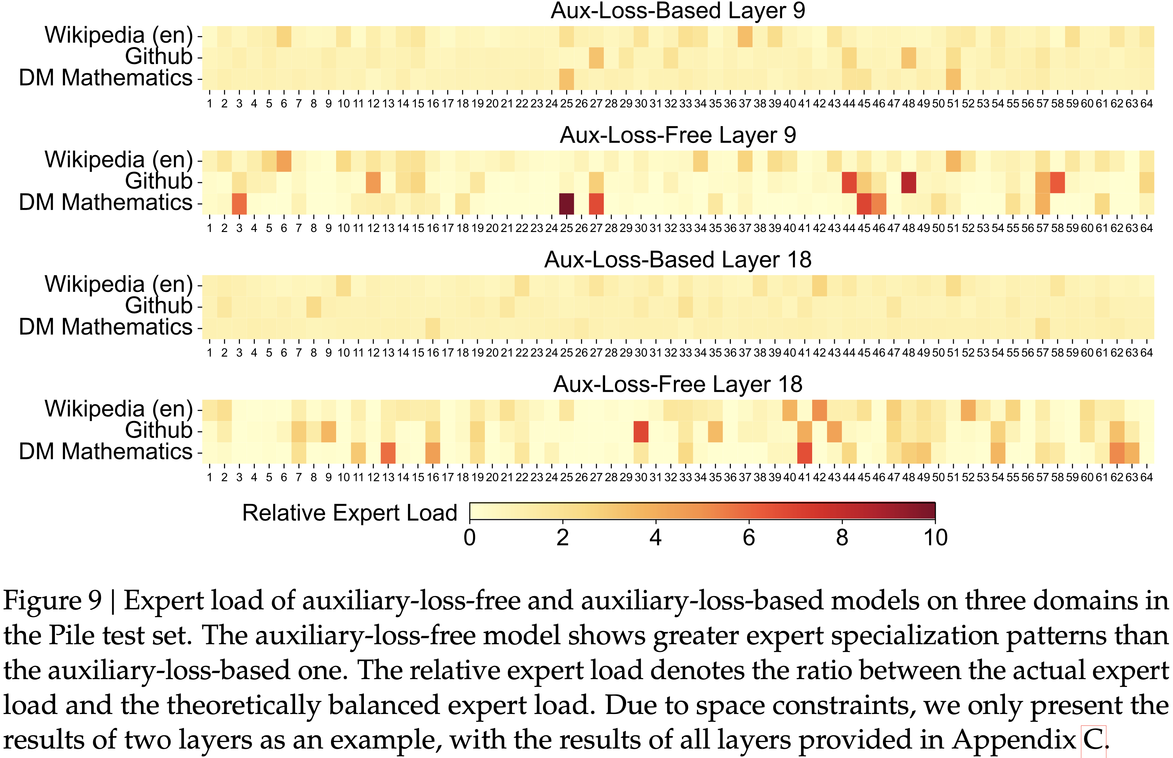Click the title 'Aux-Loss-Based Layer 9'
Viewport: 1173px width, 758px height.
(x=678, y=11)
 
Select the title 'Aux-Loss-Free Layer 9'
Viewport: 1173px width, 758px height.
(x=678, y=135)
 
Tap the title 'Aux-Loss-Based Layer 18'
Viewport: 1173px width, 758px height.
(x=678, y=260)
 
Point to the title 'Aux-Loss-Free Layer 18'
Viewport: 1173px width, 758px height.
(x=678, y=384)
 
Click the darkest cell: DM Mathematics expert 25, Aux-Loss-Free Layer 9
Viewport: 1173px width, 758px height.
(x=567, y=203)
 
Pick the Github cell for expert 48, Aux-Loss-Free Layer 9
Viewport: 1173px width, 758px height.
(x=909, y=182)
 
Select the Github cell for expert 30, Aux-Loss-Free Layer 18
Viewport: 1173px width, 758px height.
(x=641, y=431)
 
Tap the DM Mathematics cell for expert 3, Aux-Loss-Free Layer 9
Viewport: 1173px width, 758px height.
(x=239, y=203)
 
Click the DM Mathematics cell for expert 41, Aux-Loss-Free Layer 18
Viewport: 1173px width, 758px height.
(x=804, y=453)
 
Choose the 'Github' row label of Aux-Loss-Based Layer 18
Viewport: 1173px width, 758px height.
(x=159, y=306)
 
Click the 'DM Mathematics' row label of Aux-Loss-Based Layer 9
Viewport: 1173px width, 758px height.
(x=105, y=78)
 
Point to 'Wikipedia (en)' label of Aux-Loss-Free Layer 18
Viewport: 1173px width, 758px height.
(x=118, y=409)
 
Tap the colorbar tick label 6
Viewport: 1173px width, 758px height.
(x=749, y=538)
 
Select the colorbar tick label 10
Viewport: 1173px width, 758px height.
(x=935, y=538)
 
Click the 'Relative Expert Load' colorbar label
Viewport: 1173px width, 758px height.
(x=349, y=513)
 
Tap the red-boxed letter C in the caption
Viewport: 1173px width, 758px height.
(x=1093, y=740)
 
